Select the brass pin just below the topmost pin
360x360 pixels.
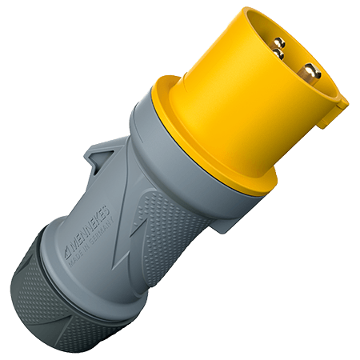[x=277, y=54]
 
